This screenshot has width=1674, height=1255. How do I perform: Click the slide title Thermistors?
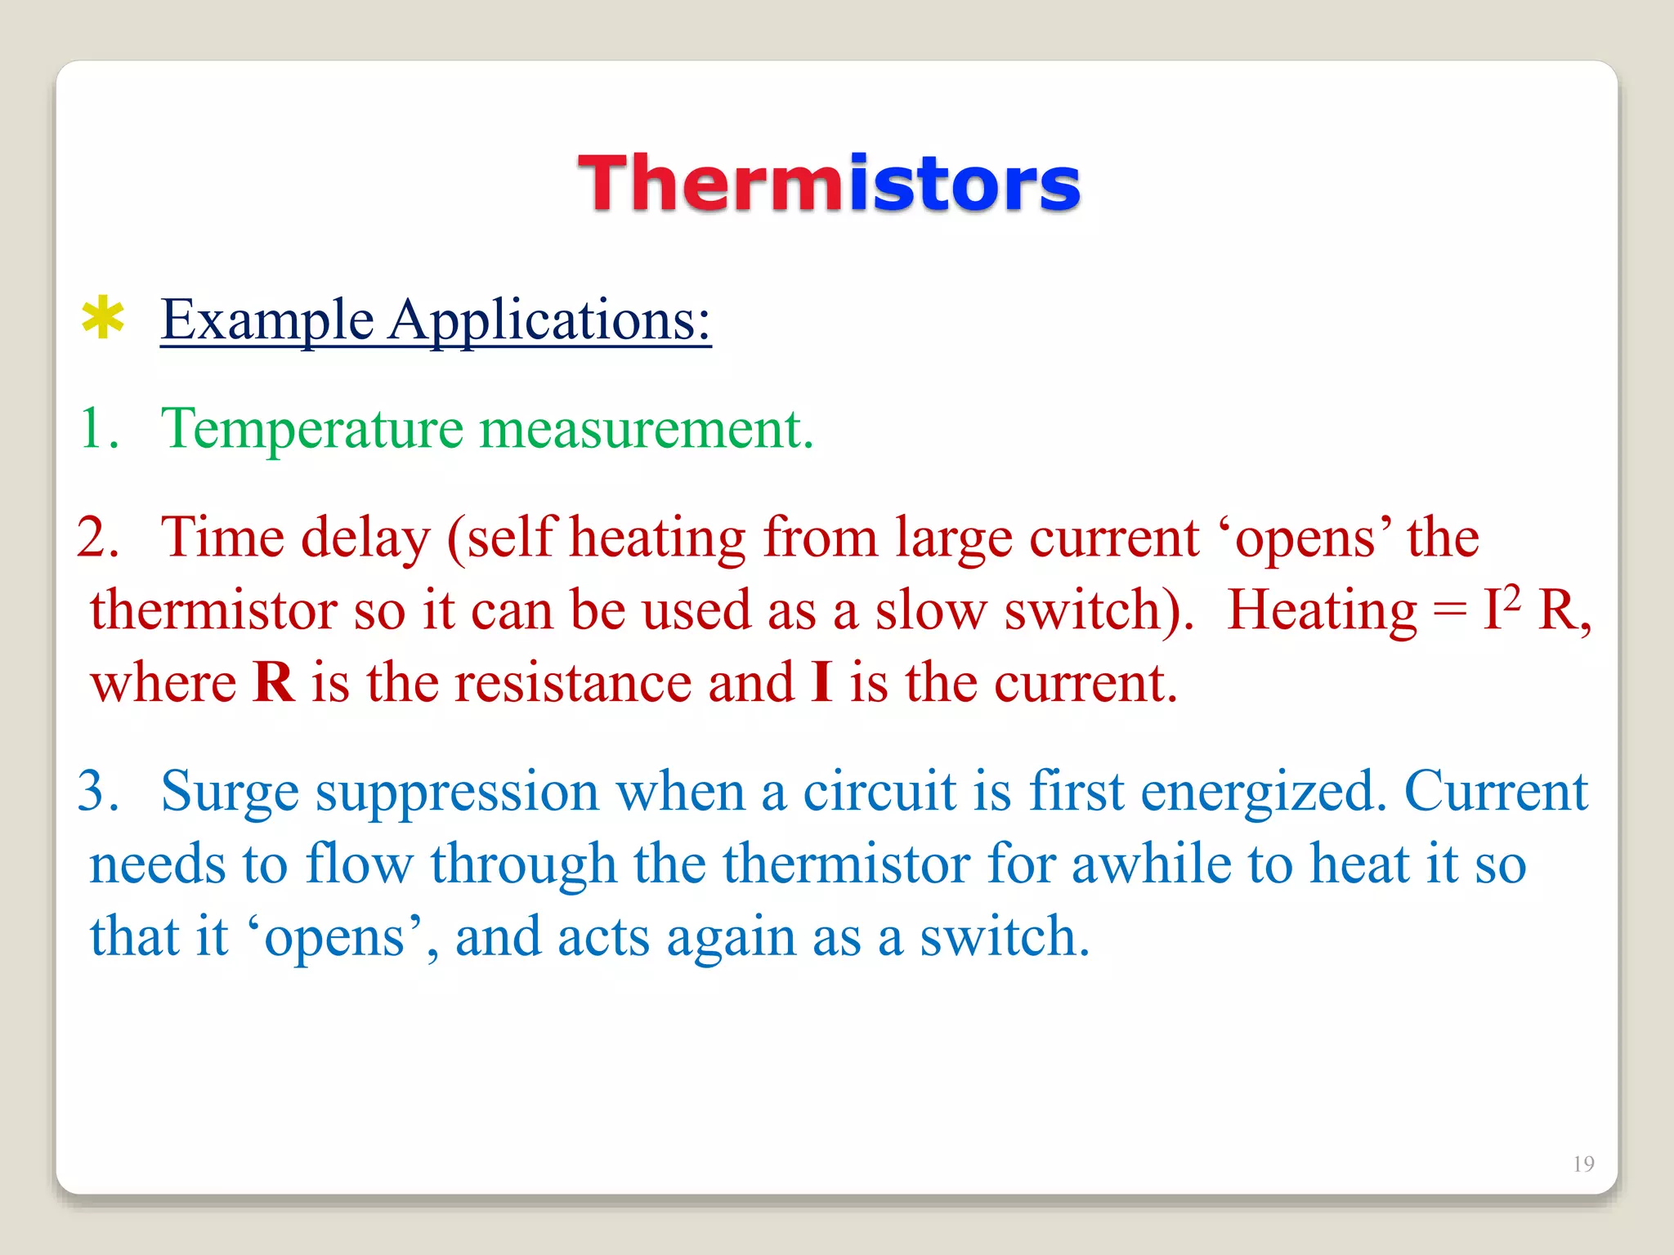point(829,183)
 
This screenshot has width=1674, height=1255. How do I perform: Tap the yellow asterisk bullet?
point(103,319)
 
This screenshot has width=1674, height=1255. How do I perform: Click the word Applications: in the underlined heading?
point(549,320)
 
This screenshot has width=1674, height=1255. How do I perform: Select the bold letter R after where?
point(273,683)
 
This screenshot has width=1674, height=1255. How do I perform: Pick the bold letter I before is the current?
point(821,683)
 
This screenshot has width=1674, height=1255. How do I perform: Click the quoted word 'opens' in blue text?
point(336,938)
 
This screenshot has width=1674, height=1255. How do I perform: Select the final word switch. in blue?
point(1005,936)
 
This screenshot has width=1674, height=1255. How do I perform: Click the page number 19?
point(1583,1163)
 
